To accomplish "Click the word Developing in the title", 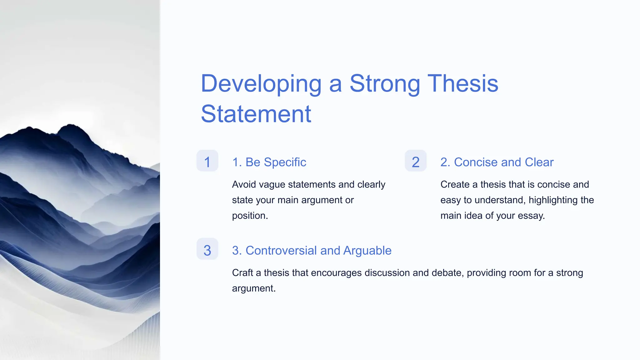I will [x=261, y=84].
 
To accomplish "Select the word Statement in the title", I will [x=256, y=114].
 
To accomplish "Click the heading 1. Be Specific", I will [x=269, y=162].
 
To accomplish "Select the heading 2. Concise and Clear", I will [x=497, y=162].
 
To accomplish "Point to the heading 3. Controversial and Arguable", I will [x=312, y=251].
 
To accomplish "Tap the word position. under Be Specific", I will [x=250, y=216].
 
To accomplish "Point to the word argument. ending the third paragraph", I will [x=254, y=288].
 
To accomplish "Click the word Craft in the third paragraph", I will [x=242, y=273].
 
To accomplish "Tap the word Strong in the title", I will [x=384, y=84].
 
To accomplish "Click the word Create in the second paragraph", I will [x=455, y=185].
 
